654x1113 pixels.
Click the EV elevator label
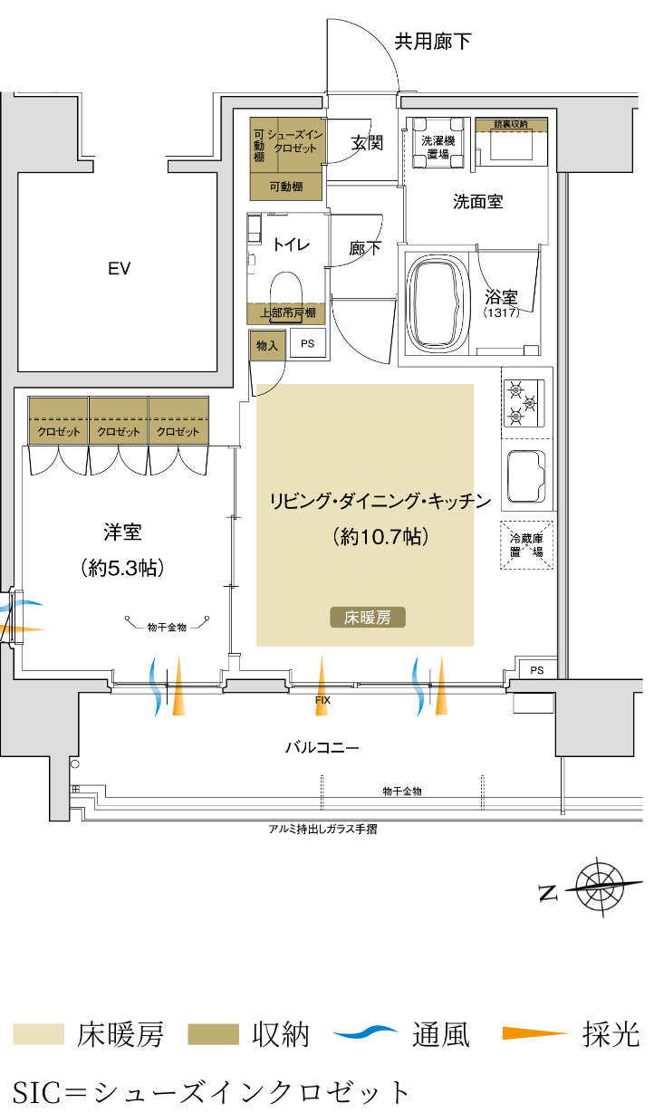pyautogui.click(x=120, y=269)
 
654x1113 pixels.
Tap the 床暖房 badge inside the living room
pyautogui.click(x=368, y=618)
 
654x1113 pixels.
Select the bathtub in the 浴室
pyautogui.click(x=438, y=303)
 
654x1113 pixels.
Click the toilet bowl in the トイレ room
pyautogui.click(x=287, y=287)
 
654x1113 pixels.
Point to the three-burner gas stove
pyautogui.click(x=524, y=403)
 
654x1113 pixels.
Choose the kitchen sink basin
pyautogui.click(x=526, y=476)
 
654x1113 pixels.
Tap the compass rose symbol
pyautogui.click(x=600, y=888)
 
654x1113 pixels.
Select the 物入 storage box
pyautogui.click(x=267, y=345)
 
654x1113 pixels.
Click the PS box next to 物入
pyautogui.click(x=308, y=343)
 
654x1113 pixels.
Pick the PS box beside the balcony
pyautogui.click(x=537, y=670)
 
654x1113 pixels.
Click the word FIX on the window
pyautogui.click(x=322, y=700)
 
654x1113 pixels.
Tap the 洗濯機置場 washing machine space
pyautogui.click(x=438, y=143)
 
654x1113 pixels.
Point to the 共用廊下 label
pyautogui.click(x=433, y=42)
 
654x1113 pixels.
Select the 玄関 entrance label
pyautogui.click(x=367, y=143)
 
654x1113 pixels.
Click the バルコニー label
pyautogui.click(x=322, y=748)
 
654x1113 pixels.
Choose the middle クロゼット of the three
pyautogui.click(x=119, y=420)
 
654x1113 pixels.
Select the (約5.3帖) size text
pyautogui.click(x=122, y=568)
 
